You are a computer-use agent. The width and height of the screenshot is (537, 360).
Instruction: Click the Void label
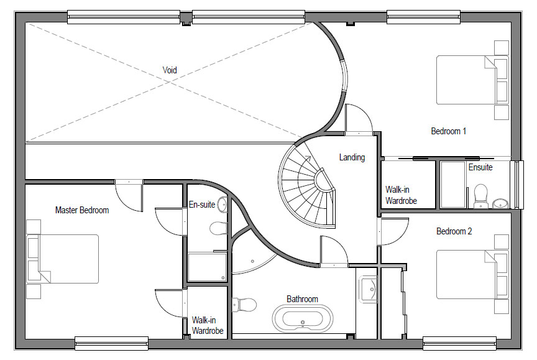170,70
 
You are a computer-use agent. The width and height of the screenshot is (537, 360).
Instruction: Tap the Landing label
352,157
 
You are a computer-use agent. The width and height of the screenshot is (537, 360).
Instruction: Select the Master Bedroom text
82,210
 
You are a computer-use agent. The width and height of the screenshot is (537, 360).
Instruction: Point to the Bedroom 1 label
448,131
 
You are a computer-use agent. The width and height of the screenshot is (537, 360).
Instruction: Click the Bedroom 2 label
454,231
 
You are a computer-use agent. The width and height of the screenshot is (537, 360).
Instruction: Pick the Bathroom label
302,299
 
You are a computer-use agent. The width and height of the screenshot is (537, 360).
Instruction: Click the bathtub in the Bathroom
303,318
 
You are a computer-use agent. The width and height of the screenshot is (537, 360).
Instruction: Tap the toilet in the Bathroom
244,305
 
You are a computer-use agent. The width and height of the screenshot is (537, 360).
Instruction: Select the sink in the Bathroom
368,290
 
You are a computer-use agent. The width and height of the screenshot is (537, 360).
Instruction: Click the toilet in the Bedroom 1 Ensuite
481,196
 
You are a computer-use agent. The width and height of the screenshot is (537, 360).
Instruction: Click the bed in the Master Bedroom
63,259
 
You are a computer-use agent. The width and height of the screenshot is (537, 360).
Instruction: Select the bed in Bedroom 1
472,80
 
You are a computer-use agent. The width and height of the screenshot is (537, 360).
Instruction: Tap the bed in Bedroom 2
472,274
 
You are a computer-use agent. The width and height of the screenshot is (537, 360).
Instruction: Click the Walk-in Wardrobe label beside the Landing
401,195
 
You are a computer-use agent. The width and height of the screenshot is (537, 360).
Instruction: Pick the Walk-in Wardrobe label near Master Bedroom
208,325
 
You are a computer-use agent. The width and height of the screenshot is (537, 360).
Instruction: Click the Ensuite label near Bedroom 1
480,167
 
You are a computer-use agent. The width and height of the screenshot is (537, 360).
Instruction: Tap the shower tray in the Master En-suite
207,267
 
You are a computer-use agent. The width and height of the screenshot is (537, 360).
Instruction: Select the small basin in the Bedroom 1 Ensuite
501,203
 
